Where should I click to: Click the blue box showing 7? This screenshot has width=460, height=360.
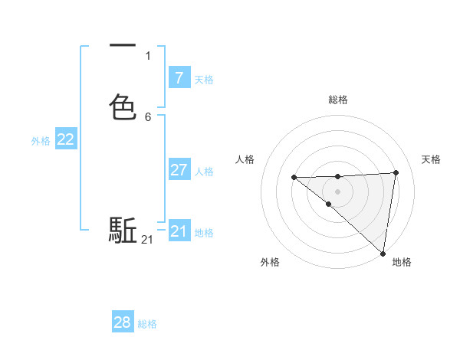[x=179, y=77]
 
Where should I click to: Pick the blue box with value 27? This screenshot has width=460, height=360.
[x=179, y=169]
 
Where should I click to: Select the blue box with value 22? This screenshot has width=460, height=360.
[x=66, y=139]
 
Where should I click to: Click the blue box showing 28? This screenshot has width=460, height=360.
[x=123, y=322]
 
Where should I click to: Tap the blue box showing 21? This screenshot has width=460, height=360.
[x=179, y=231]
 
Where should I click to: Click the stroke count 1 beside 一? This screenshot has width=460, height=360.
[x=148, y=55]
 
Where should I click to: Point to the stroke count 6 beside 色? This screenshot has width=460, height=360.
[x=148, y=117]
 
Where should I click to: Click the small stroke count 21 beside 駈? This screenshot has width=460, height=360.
[x=147, y=240]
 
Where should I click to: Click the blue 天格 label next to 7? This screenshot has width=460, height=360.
[x=204, y=80]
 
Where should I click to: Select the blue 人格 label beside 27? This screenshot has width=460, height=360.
[x=204, y=172]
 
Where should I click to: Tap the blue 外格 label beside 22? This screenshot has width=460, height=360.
[x=41, y=141]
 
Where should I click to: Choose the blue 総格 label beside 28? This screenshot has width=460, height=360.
[x=147, y=325]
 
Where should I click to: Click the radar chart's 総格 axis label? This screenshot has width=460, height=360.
[x=338, y=100]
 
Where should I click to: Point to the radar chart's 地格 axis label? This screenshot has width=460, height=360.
[x=402, y=263]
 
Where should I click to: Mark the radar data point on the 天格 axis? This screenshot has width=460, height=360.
[x=396, y=172]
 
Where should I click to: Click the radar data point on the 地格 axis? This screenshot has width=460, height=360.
[x=383, y=254]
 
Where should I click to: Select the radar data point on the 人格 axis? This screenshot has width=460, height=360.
[x=294, y=178]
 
